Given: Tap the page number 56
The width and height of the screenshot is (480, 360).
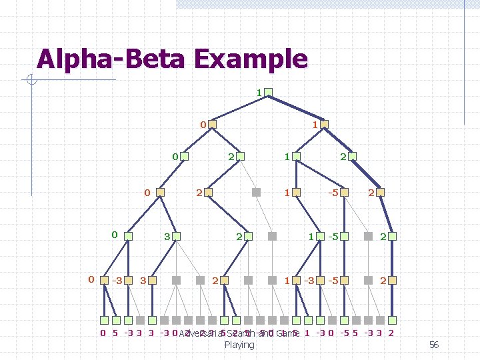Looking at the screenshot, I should pyautogui.click(x=433, y=345).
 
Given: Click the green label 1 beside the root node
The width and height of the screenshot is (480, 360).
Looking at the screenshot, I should pyautogui.click(x=259, y=91).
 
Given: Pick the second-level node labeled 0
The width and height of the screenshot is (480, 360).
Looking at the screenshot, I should pyautogui.click(x=212, y=124).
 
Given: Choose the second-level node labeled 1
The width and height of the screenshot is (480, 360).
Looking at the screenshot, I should pyautogui.click(x=323, y=124).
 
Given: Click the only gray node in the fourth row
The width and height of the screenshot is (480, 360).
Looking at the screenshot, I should pyautogui.click(x=256, y=192).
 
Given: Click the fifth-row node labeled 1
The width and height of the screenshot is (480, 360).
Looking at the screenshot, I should pyautogui.click(x=321, y=236).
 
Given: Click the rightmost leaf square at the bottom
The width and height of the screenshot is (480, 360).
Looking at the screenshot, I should pyautogui.click(x=389, y=320).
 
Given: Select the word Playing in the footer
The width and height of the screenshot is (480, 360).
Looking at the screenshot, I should pyautogui.click(x=239, y=345).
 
